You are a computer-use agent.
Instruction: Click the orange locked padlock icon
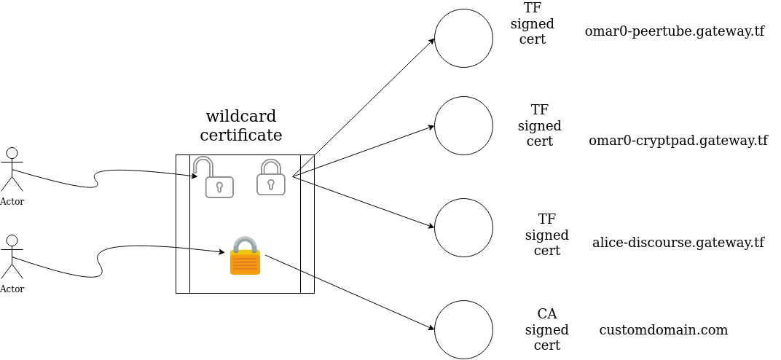click(x=245, y=257)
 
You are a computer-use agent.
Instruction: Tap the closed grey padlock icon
click(x=270, y=178)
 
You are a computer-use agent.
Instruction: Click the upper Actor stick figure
click(x=12, y=169)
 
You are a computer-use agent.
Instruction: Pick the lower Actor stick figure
click(x=12, y=257)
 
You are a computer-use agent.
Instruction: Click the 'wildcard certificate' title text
click(x=241, y=126)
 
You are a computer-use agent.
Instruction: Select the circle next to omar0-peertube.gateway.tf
click(x=463, y=38)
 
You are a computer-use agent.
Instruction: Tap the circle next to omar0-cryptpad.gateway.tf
click(x=463, y=125)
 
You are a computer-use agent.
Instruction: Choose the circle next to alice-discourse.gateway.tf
click(x=463, y=227)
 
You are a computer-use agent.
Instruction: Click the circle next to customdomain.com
click(x=463, y=329)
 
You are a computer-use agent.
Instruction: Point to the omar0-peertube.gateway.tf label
click(x=674, y=31)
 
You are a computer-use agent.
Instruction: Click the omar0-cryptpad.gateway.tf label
click(x=678, y=141)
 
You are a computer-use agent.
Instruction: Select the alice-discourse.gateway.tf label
click(x=678, y=243)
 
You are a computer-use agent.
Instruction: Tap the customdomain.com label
click(x=663, y=330)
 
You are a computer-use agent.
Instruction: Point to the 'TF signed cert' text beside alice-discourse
click(x=546, y=235)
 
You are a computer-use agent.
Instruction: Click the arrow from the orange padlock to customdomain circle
click(x=350, y=292)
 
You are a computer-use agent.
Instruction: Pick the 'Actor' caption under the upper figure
click(x=12, y=202)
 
